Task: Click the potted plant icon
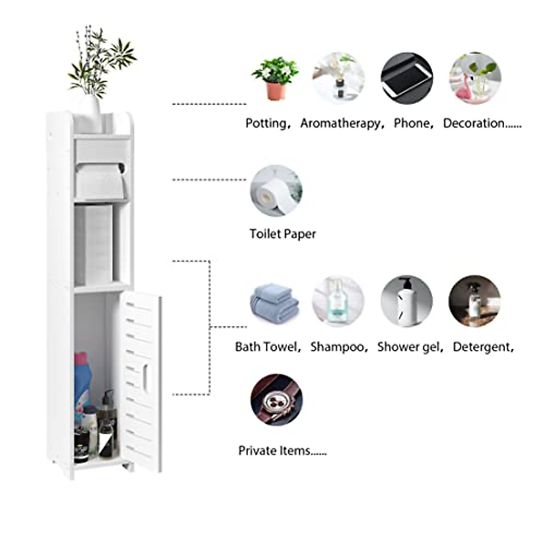coord(275,78)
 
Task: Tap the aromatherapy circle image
coord(338,78)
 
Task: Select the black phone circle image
coord(406,78)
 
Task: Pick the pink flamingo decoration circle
coord(475,78)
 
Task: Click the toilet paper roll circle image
coord(276,191)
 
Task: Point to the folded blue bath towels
coord(274,303)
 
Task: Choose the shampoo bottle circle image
coord(338,301)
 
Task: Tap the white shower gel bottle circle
coord(406,301)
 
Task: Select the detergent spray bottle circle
coord(475,301)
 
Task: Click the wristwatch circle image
coord(277,400)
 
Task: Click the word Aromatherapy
coord(341,124)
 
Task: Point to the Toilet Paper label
coord(282,234)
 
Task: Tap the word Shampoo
coord(337,347)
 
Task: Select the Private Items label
coord(282,451)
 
